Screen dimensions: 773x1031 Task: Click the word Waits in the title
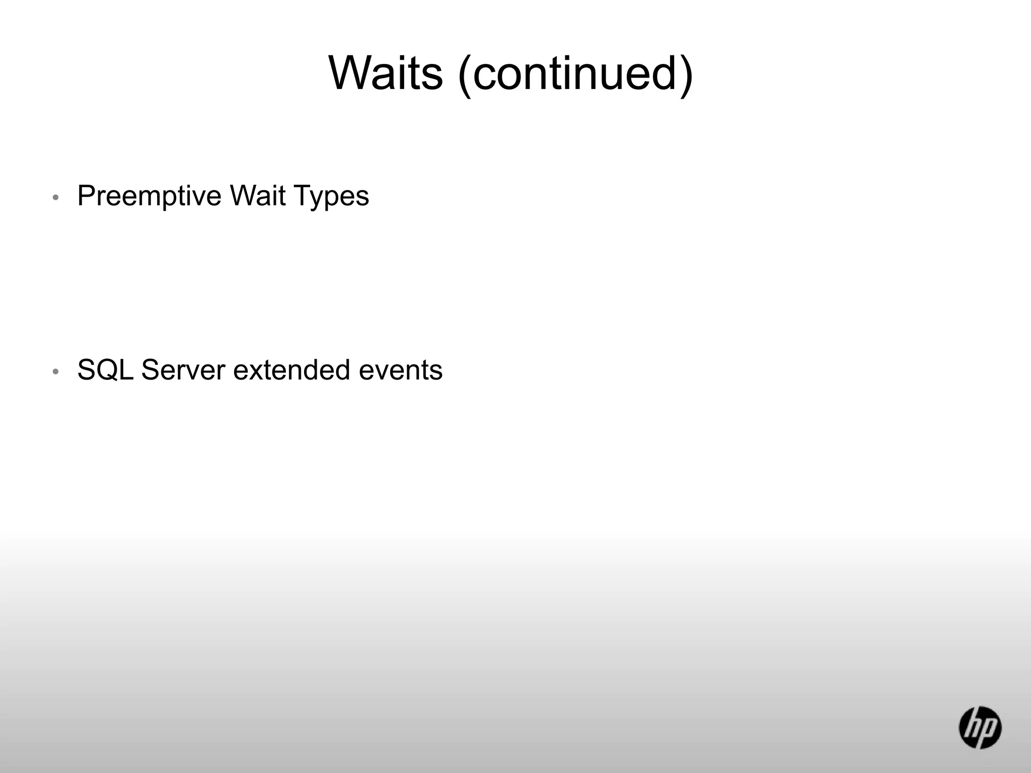pos(386,73)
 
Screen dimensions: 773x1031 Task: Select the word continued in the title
pos(575,73)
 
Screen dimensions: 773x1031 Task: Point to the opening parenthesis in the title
pos(465,75)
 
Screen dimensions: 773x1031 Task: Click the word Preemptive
pos(150,196)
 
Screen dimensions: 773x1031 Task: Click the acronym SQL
pos(105,370)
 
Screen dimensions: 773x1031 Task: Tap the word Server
pos(183,370)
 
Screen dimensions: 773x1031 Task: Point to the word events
pos(401,370)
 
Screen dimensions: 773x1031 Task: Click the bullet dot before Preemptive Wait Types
pos(56,198)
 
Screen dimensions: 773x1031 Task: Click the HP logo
pos(980,727)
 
